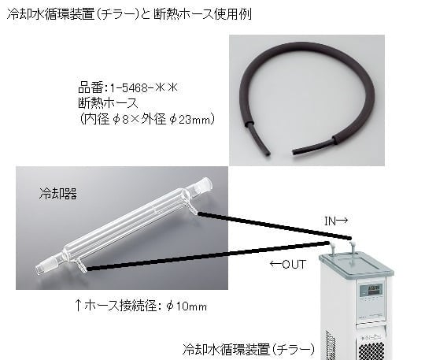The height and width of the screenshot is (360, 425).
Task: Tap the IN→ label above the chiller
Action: pyautogui.click(x=336, y=222)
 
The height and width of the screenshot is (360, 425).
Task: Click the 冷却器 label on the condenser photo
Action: pyautogui.click(x=57, y=191)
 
